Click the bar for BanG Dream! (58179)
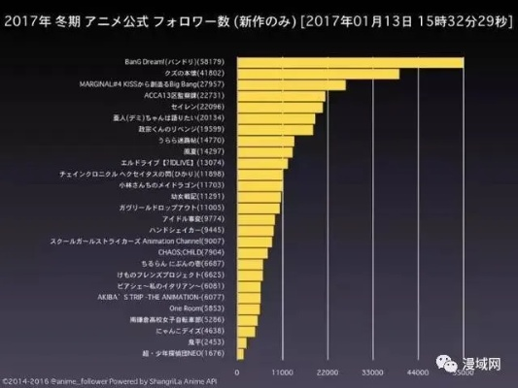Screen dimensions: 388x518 (x=350, y=63)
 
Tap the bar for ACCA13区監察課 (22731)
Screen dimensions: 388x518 (x=281, y=96)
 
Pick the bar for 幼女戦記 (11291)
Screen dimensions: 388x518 (x=259, y=196)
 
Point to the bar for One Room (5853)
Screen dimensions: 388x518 (x=248, y=307)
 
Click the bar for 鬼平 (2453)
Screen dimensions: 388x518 (x=241, y=341)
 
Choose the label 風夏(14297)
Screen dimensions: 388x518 (x=211, y=152)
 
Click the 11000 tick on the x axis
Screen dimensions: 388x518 (x=282, y=372)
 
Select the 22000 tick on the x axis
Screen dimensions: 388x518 (x=328, y=372)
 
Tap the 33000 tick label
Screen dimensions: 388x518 (x=373, y=372)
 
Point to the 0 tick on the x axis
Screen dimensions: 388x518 (x=236, y=372)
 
